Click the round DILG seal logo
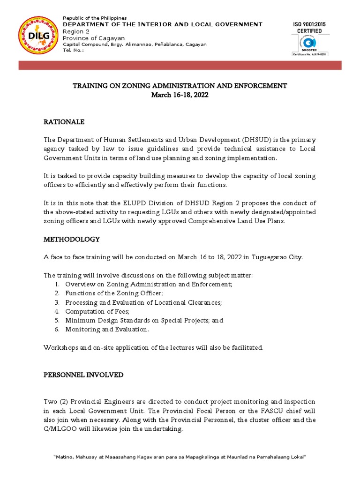[x=39, y=36]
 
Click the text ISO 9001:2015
[x=310, y=24]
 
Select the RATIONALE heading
[x=64, y=122]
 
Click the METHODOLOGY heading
[x=72, y=239]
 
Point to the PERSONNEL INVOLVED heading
[x=83, y=375]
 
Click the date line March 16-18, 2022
[x=180, y=95]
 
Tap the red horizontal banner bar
[x=180, y=65]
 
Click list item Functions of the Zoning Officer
[x=114, y=293]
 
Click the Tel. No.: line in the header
[x=74, y=51]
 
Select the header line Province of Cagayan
[x=94, y=38]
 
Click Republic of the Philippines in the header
[x=95, y=18]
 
